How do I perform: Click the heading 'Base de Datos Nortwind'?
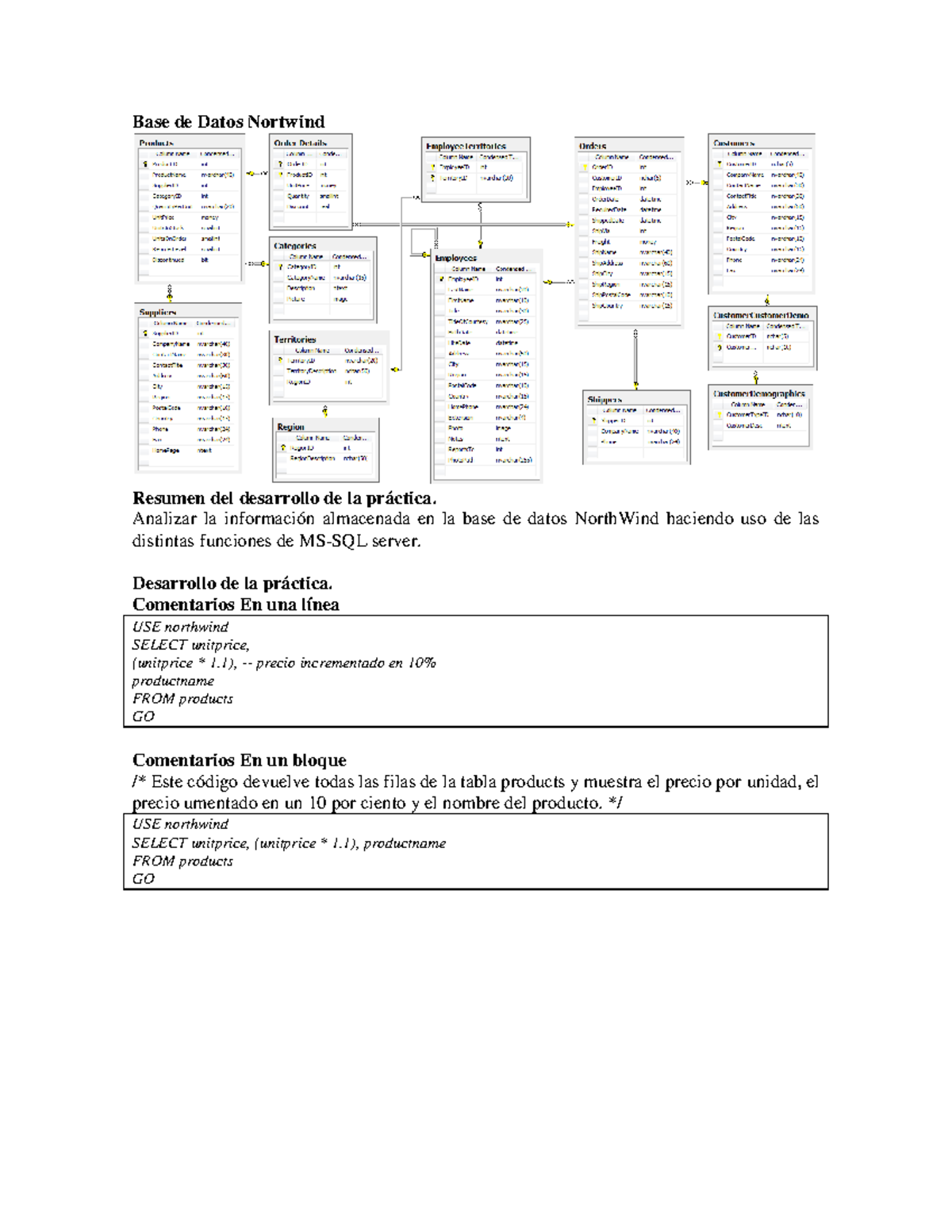tap(228, 121)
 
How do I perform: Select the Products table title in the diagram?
tap(156, 144)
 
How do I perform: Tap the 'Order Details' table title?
tap(300, 144)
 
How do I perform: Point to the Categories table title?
tap(295, 246)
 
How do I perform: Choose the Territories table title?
tap(295, 340)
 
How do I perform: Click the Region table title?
tap(290, 427)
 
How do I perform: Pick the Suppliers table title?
tap(158, 313)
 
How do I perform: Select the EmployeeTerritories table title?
tap(466, 146)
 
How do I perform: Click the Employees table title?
tap(456, 258)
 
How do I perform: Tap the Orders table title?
tap(593, 146)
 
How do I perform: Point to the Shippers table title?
tap(605, 400)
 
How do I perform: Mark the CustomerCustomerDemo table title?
tap(761, 315)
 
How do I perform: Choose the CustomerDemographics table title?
tap(759, 393)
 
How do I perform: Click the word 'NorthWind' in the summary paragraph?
tap(616, 519)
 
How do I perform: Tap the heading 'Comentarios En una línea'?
tap(236, 604)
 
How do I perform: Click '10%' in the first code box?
tap(422, 663)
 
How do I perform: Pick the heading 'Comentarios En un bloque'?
tap(239, 760)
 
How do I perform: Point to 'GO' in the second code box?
tap(144, 879)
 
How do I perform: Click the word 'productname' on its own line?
tap(173, 681)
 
